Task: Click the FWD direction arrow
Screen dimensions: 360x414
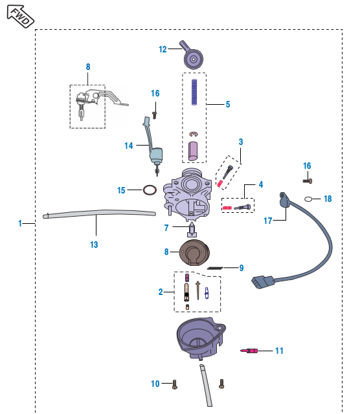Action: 20,16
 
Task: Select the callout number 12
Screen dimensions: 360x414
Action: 163,49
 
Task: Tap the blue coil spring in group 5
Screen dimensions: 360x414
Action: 194,92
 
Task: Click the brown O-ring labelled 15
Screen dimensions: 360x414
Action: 150,190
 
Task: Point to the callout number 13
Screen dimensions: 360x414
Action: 94,245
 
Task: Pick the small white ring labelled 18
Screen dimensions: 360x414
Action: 308,199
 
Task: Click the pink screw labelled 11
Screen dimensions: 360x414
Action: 249,351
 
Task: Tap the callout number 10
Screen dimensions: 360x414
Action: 155,384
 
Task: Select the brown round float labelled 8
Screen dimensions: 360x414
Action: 194,253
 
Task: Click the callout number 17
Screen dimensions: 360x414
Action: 268,221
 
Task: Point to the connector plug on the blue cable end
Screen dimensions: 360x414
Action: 263,282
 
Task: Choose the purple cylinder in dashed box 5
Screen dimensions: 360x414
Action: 193,151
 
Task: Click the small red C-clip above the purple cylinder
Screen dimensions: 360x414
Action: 193,135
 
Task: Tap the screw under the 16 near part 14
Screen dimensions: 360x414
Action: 155,115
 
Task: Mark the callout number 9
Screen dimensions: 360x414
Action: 242,268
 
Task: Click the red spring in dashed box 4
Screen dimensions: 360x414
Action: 227,208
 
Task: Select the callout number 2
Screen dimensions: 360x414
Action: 161,292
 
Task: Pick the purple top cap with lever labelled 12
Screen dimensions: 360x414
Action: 192,56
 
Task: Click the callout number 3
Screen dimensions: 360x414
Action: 241,142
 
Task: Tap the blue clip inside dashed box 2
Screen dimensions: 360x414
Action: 207,293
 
